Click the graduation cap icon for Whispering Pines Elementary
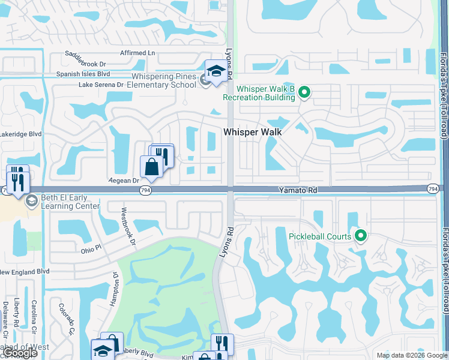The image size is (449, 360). pyautogui.click(x=215, y=71)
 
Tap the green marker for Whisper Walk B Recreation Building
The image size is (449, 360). pyautogui.click(x=304, y=92)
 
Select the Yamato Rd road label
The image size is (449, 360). pyautogui.click(x=297, y=190)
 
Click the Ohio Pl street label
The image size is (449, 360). pyautogui.click(x=92, y=250)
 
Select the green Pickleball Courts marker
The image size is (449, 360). pyautogui.click(x=361, y=236)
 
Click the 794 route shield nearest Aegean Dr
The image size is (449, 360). pyautogui.click(x=146, y=190)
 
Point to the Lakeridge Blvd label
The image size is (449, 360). pyautogui.click(x=20, y=134)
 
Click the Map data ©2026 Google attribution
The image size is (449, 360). pyautogui.click(x=411, y=355)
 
